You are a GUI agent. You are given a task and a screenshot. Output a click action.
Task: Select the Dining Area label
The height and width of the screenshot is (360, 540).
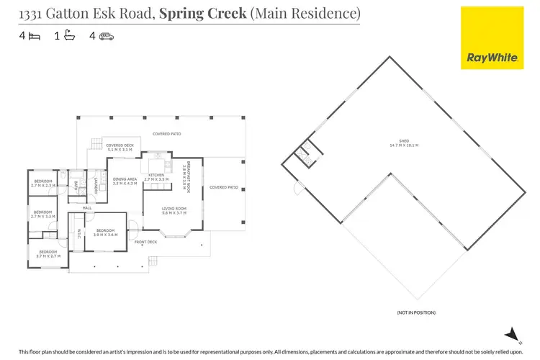point(125,182)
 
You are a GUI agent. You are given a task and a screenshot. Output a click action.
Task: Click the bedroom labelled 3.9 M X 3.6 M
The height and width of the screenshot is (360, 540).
point(106,233)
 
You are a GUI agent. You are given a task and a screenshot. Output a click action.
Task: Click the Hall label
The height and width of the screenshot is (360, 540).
point(87,208)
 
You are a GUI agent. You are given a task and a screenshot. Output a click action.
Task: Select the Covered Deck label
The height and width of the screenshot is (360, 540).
point(120,148)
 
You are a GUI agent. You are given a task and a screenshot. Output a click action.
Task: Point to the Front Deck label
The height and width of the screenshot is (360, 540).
point(146,242)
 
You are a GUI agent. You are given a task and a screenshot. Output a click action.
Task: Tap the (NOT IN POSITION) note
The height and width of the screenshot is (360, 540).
point(416,312)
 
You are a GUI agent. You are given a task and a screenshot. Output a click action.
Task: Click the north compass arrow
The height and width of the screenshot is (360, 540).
point(511,333)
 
